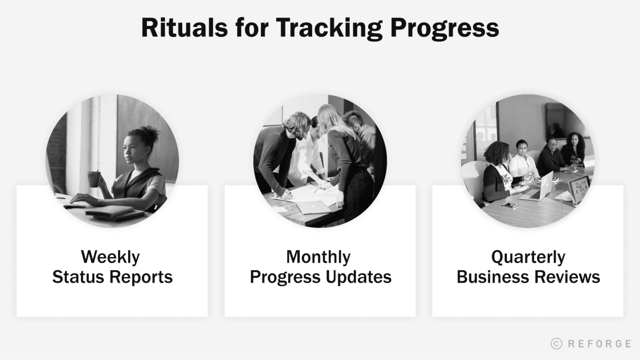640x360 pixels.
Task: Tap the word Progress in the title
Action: click(x=444, y=28)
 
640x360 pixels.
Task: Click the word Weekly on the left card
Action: click(x=110, y=257)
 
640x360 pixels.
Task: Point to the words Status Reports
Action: click(x=112, y=277)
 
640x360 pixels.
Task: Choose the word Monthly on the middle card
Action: click(x=318, y=257)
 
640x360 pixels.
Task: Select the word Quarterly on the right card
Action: click(x=528, y=257)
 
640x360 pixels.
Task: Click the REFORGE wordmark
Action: click(x=599, y=344)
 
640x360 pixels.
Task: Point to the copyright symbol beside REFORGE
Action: click(x=556, y=344)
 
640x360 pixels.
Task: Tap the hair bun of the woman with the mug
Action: click(x=151, y=133)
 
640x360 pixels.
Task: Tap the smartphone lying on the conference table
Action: click(x=509, y=205)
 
